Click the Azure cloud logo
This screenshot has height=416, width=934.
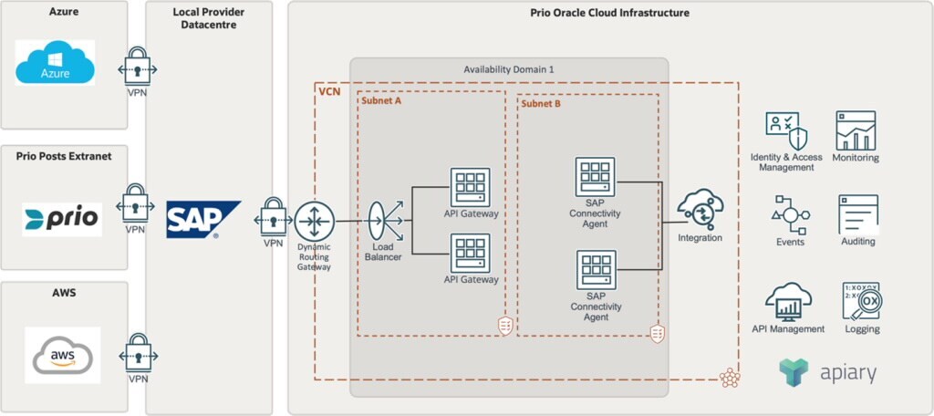[55, 62]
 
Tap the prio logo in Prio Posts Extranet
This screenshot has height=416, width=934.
[62, 220]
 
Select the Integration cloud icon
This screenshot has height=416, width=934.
[699, 210]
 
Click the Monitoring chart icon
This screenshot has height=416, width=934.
[856, 130]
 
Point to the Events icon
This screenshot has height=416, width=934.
[790, 214]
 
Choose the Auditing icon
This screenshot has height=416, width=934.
[857, 214]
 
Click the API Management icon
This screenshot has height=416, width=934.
[788, 301]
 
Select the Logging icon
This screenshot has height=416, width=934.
[861, 301]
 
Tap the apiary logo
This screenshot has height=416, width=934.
[827, 371]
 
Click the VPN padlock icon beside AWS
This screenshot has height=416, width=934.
[138, 351]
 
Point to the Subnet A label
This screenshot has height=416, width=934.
[381, 101]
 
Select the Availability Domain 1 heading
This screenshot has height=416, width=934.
[509, 69]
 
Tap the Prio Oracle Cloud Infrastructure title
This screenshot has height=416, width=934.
[609, 13]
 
